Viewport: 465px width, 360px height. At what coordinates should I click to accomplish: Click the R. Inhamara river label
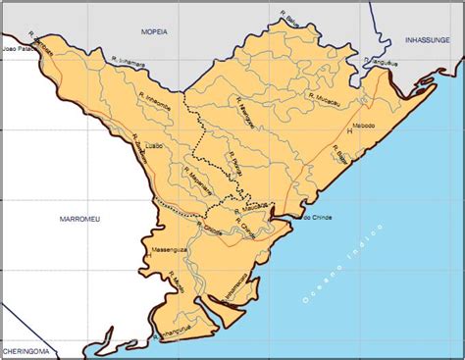click(x=129, y=62)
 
